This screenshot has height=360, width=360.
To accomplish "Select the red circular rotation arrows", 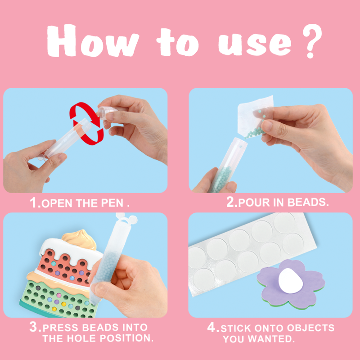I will (86, 124).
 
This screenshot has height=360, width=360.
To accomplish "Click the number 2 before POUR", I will (231, 202).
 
